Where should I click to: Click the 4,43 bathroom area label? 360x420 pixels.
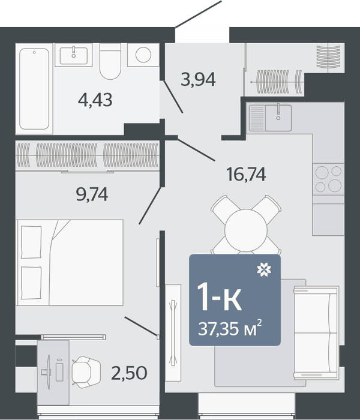95,100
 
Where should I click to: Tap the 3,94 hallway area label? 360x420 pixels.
198,79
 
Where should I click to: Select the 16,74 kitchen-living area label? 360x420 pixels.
246,174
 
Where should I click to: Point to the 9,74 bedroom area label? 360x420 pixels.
92,194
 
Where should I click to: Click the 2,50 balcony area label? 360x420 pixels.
129,373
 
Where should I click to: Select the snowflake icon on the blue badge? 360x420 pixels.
264,269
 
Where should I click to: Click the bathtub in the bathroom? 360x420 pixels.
34,89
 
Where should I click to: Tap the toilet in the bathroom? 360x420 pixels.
110,61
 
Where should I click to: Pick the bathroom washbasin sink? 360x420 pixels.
73,56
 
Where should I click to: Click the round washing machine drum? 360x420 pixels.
143,55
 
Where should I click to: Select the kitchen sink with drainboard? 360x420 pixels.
270,118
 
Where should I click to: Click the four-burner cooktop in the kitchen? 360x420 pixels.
328,179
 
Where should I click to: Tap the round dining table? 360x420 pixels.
246,230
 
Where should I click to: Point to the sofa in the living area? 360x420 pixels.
316,332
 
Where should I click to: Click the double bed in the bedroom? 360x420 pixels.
70,263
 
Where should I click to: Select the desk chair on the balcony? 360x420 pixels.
86,372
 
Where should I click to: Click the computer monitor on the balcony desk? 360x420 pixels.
48,372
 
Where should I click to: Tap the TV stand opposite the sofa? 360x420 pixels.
173,332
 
